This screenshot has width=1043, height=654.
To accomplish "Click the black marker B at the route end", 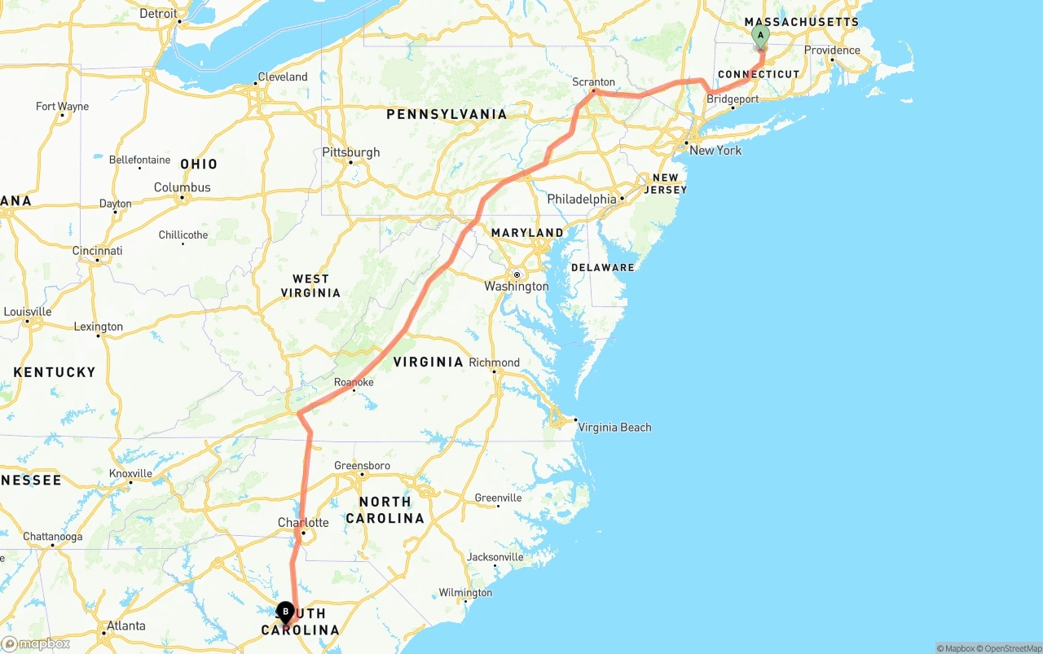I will pyautogui.click(x=285, y=611).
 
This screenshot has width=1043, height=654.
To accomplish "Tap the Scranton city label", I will pyautogui.click(x=593, y=82).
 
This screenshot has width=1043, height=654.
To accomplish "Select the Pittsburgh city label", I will pyautogui.click(x=351, y=152).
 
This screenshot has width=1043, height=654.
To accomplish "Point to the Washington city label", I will pyautogui.click(x=516, y=287).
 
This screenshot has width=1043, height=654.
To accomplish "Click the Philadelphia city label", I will pyautogui.click(x=582, y=199).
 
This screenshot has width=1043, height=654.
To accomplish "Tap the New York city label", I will pyautogui.click(x=715, y=151).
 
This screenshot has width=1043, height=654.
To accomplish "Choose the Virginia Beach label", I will pyautogui.click(x=614, y=428).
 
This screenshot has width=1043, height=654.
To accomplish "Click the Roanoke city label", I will pyautogui.click(x=354, y=382).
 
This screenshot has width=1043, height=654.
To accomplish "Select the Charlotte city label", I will pyautogui.click(x=303, y=523).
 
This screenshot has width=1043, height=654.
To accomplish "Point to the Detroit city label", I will pyautogui.click(x=158, y=14).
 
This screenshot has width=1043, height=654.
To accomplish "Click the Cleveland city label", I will pyautogui.click(x=283, y=77).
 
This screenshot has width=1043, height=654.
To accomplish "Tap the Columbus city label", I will pyautogui.click(x=183, y=187).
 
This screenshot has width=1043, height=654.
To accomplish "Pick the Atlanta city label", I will pyautogui.click(x=126, y=626).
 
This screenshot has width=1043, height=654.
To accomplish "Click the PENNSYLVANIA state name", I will pyautogui.click(x=447, y=115).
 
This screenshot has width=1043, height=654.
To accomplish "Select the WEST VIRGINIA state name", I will pyautogui.click(x=310, y=286).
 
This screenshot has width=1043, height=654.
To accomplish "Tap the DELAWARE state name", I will pyautogui.click(x=602, y=267).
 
